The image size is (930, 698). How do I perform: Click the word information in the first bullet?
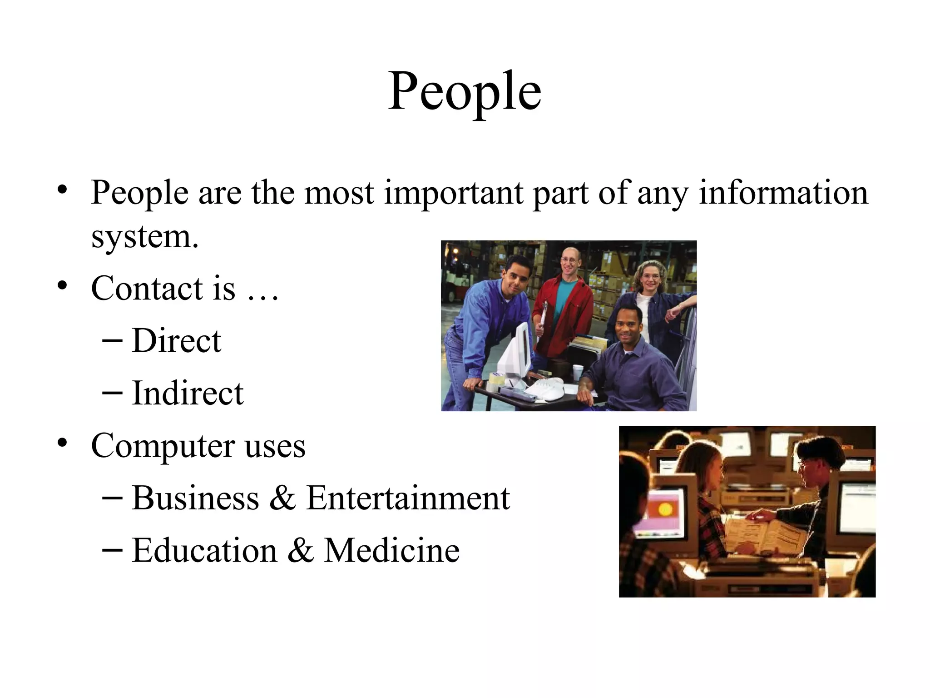[783, 193]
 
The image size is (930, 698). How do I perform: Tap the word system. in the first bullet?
[145, 237]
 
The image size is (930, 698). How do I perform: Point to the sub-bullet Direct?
[176, 340]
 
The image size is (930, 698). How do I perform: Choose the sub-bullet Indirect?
[188, 393]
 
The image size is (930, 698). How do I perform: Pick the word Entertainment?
[408, 498]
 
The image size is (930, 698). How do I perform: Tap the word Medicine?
[391, 550]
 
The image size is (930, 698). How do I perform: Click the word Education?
[204, 550]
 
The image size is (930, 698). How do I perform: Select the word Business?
[195, 498]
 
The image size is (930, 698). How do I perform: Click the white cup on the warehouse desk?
[577, 372]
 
